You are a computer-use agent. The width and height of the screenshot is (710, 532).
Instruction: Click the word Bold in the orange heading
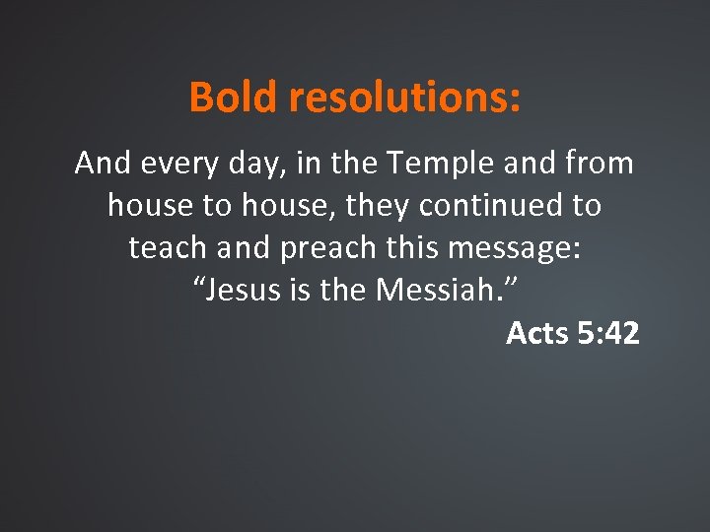pyautogui.click(x=234, y=98)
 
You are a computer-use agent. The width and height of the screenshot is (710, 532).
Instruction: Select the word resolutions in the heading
pyautogui.click(x=404, y=98)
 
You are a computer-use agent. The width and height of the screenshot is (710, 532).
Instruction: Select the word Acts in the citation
pyautogui.click(x=537, y=334)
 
